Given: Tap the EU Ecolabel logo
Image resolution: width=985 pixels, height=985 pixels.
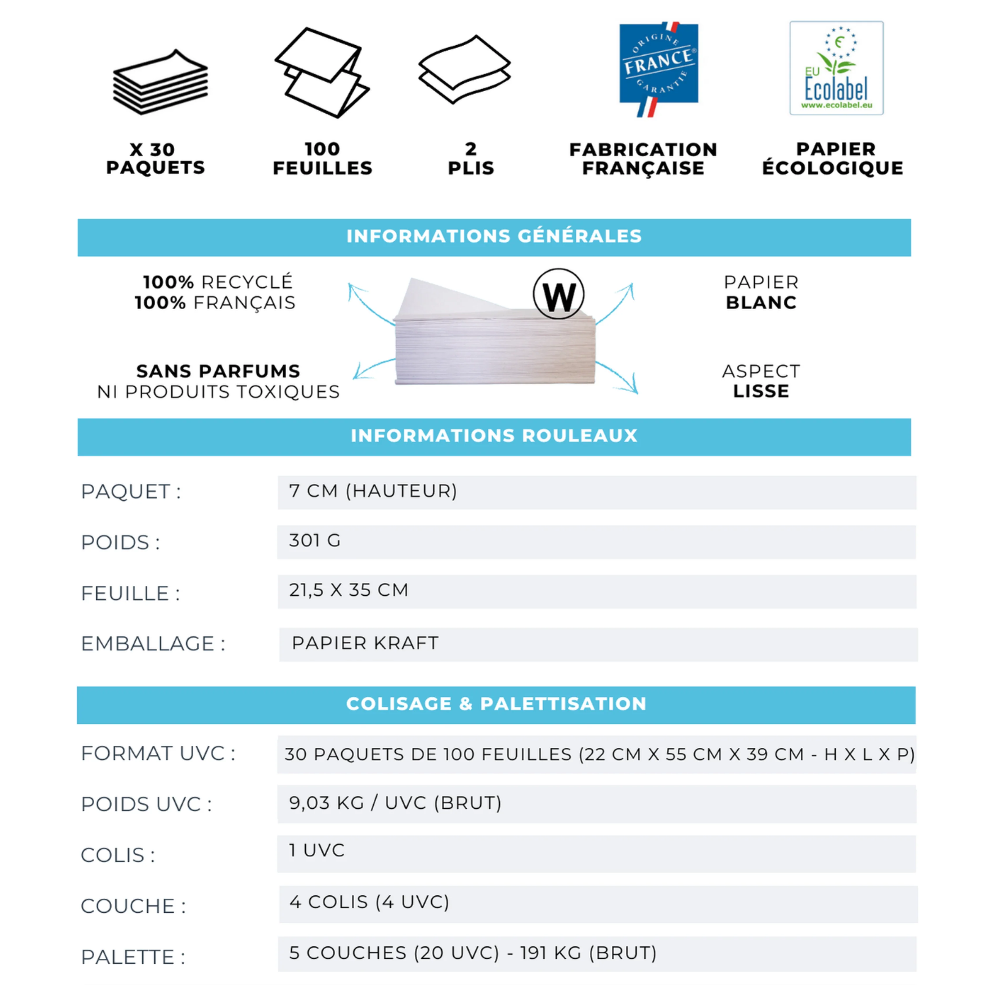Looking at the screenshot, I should coord(836,68).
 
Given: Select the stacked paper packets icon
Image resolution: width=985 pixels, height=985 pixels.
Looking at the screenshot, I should coord(160,83).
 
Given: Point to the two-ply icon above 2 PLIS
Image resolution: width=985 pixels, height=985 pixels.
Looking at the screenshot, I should coord(464,70).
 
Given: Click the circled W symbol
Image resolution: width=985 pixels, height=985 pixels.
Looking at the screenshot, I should coord(559,294).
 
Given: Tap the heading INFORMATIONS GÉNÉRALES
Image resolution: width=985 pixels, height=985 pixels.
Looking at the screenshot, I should coord(493,236).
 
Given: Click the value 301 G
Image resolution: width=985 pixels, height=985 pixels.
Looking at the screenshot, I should coord(315,540).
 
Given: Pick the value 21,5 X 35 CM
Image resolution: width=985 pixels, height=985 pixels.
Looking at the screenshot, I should coord(349,590).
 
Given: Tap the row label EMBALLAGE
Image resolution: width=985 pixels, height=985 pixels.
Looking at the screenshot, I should coord(152,644).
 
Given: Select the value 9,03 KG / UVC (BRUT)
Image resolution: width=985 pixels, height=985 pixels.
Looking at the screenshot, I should coord(395,803).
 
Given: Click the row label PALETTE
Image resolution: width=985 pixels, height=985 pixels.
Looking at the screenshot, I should coord(133,957).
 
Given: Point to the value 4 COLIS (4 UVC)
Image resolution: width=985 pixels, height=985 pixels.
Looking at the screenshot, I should coord(369,902).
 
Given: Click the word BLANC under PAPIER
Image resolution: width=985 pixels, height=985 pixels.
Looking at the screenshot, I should coord(761,303).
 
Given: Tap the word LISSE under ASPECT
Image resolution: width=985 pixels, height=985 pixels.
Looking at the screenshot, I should coord(761,392).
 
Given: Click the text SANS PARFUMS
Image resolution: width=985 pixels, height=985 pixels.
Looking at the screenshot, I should coord(218,371).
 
